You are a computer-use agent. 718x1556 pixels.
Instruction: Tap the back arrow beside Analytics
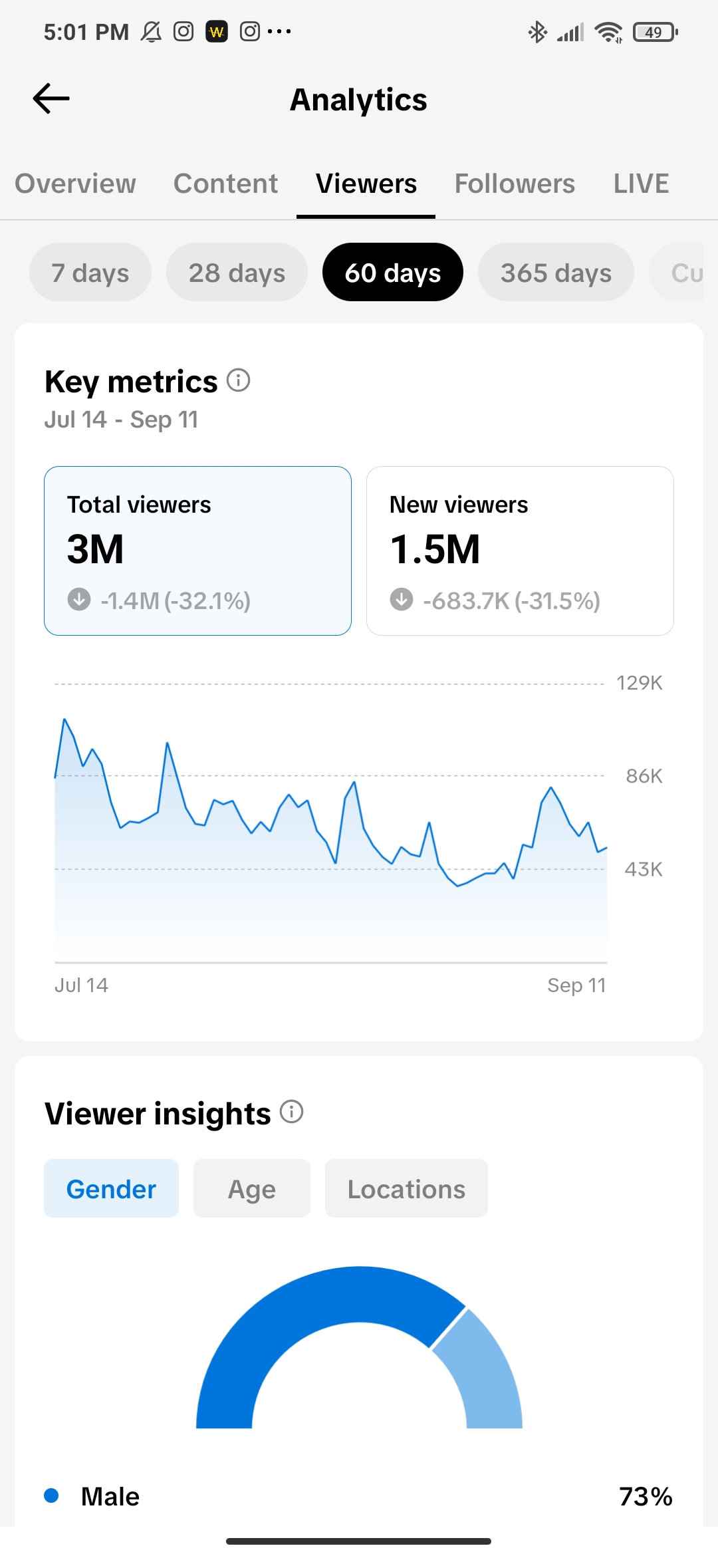(51, 98)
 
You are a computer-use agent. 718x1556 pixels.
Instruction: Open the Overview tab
(75, 184)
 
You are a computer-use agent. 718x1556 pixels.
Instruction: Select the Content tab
(225, 184)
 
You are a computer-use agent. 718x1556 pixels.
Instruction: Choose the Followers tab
(515, 184)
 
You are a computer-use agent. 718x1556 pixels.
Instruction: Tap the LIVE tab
(641, 184)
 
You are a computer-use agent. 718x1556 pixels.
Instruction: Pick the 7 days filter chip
(90, 272)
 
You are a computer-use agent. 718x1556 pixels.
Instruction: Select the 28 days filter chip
(237, 272)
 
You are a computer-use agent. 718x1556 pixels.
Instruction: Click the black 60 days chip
(393, 272)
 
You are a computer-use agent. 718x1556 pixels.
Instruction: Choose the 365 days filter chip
(556, 272)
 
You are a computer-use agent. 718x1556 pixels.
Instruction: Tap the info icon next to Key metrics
(238, 380)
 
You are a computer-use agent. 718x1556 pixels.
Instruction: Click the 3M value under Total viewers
(95, 549)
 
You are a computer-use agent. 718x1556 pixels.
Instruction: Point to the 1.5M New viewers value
(435, 549)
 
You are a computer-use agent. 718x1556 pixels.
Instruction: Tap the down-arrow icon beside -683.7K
(402, 599)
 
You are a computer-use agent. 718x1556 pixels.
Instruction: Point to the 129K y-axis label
(640, 683)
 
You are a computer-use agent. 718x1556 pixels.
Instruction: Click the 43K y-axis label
(644, 869)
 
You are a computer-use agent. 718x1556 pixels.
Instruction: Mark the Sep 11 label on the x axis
(576, 985)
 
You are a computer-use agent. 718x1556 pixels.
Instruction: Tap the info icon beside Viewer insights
(291, 1111)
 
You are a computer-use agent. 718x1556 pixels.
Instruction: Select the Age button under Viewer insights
(252, 1188)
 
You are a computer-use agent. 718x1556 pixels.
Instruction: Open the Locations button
(406, 1188)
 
